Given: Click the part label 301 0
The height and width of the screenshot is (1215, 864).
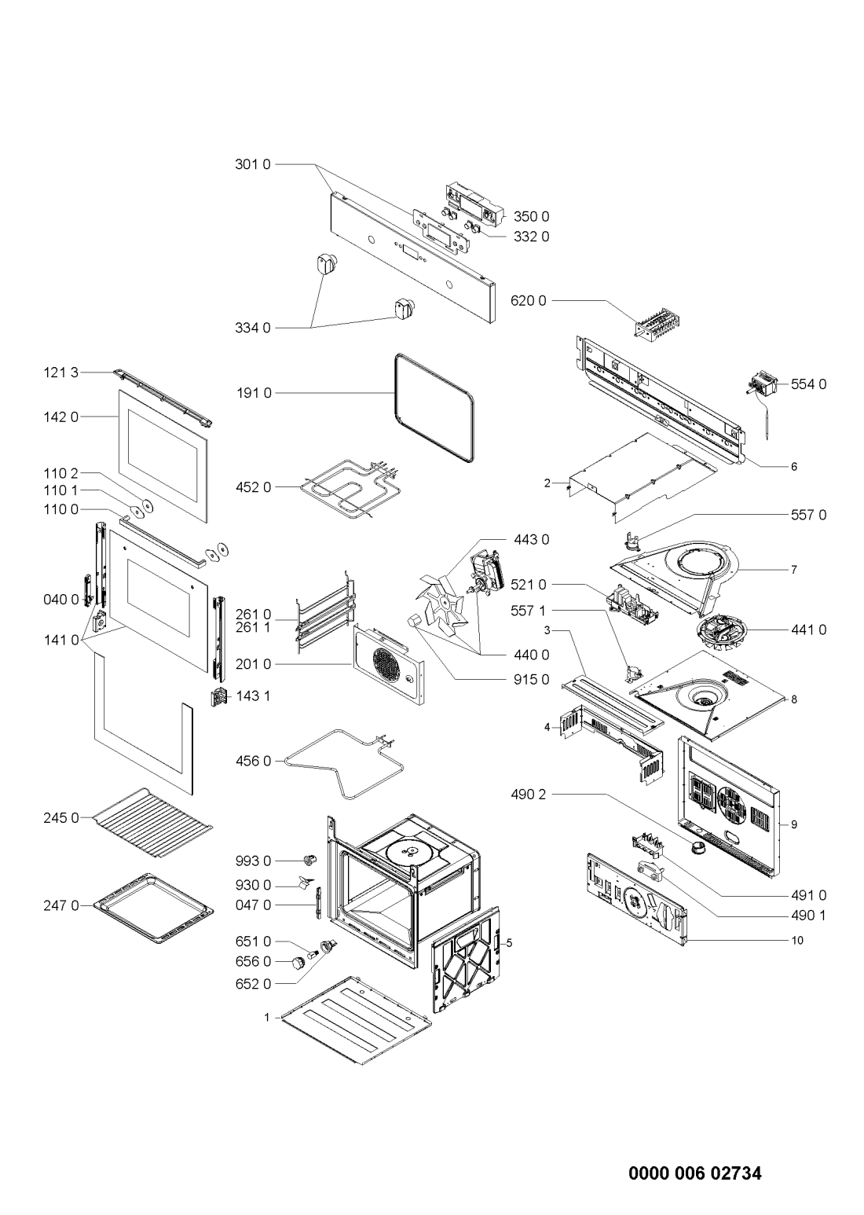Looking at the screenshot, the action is [x=253, y=163].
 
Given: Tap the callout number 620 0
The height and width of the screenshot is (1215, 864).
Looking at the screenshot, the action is [x=529, y=300].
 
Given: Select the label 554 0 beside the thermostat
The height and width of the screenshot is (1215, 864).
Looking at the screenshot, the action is [x=809, y=384].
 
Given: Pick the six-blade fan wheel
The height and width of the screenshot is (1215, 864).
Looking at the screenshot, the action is [x=441, y=603].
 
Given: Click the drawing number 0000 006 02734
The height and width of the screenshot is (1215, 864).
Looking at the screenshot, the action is [x=695, y=1169].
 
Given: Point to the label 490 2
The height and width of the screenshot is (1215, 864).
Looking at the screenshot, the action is [x=528, y=794].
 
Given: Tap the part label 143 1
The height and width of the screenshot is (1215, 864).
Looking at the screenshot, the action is [x=253, y=696].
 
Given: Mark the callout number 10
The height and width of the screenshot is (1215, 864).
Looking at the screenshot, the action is [x=797, y=940].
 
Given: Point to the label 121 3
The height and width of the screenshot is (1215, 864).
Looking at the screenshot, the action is [x=60, y=372].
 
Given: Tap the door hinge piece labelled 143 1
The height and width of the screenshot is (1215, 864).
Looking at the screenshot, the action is [x=218, y=696].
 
